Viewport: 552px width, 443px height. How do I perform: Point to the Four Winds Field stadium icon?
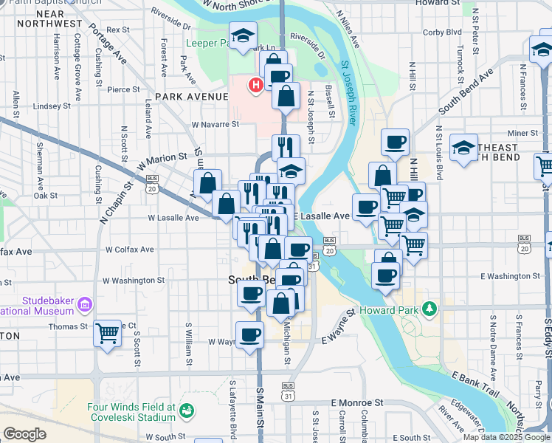(187, 410)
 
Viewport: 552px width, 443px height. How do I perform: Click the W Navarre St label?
(215, 125)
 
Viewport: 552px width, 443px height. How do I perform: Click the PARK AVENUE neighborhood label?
(187, 97)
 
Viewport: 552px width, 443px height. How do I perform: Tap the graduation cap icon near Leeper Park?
(241, 35)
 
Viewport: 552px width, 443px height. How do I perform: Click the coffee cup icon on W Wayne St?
(249, 334)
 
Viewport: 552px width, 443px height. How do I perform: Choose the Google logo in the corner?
(24, 434)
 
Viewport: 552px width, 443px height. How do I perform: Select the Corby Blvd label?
(443, 32)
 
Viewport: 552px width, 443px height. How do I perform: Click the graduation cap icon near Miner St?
(463, 148)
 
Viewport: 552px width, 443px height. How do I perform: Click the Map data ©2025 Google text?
(506, 437)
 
